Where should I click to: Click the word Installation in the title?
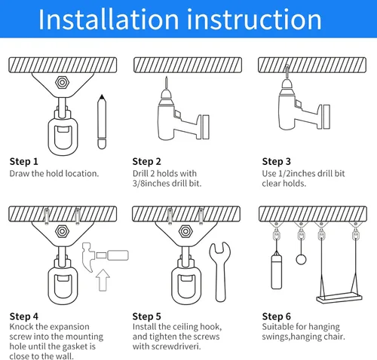(109, 20)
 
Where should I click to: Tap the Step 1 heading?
(24, 161)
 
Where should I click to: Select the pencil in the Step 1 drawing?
(102, 122)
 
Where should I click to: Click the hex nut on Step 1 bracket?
(62, 82)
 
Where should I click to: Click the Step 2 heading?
(147, 161)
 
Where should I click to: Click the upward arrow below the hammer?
(103, 280)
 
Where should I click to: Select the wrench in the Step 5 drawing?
(220, 272)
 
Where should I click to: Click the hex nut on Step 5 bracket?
(185, 231)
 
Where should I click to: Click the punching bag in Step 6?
(276, 272)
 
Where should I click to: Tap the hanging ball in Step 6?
(301, 260)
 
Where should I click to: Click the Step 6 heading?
(277, 316)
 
